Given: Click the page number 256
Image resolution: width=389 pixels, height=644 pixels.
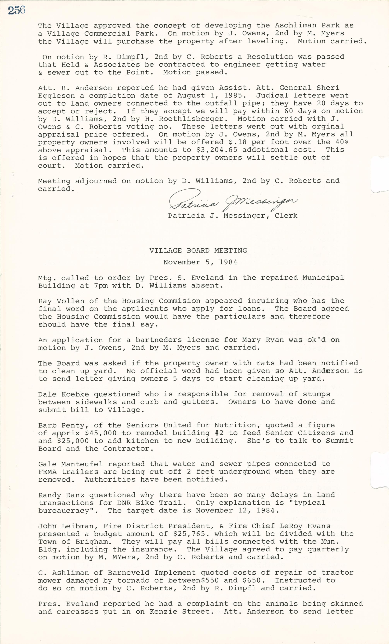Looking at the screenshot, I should pos(16,10).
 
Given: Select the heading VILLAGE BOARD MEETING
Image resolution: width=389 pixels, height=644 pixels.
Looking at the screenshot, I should pos(198,250).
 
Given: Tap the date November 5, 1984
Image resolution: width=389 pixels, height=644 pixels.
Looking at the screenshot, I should pos(200,262).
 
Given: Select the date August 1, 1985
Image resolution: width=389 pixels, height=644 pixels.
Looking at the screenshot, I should pos(212,96).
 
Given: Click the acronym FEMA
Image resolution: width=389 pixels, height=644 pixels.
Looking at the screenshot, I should pos(47,472).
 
